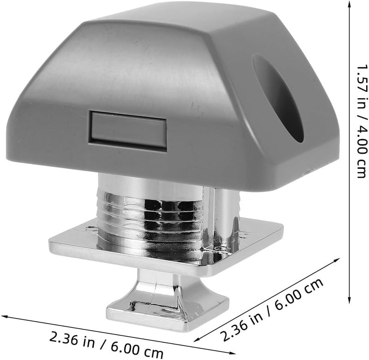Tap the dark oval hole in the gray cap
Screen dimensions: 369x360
pyautogui.click(x=278, y=98)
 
